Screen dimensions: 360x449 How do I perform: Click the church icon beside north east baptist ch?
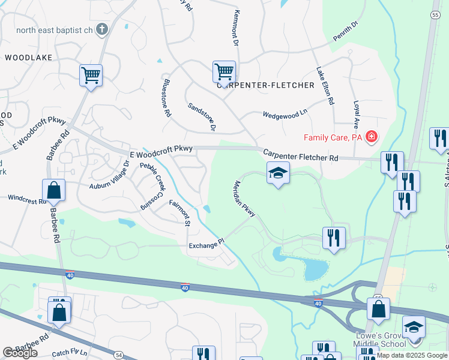pyautogui.click(x=103, y=29)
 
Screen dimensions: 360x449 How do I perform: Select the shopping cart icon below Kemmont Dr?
pyautogui.click(x=224, y=73)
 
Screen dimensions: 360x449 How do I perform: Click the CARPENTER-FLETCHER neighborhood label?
pyautogui.click(x=265, y=86)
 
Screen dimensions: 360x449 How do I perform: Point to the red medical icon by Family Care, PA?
pyautogui.click(x=372, y=137)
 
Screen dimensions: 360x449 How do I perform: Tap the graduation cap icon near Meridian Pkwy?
pyautogui.click(x=278, y=174)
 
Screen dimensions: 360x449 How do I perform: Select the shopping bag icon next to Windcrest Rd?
pyautogui.click(x=54, y=191)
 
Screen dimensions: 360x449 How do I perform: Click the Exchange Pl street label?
pyautogui.click(x=206, y=244)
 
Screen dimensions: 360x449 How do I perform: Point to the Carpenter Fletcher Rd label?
pyautogui.click(x=301, y=155)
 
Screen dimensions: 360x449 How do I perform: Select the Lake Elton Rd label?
pyautogui.click(x=324, y=85)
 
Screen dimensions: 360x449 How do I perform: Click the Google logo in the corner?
pyautogui.click(x=20, y=352)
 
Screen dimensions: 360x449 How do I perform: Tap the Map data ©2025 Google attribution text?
pyautogui.click(x=411, y=356)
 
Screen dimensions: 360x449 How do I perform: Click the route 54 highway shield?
pyautogui.click(x=119, y=355)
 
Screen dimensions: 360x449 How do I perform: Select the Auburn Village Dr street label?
pyautogui.click(x=109, y=175)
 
